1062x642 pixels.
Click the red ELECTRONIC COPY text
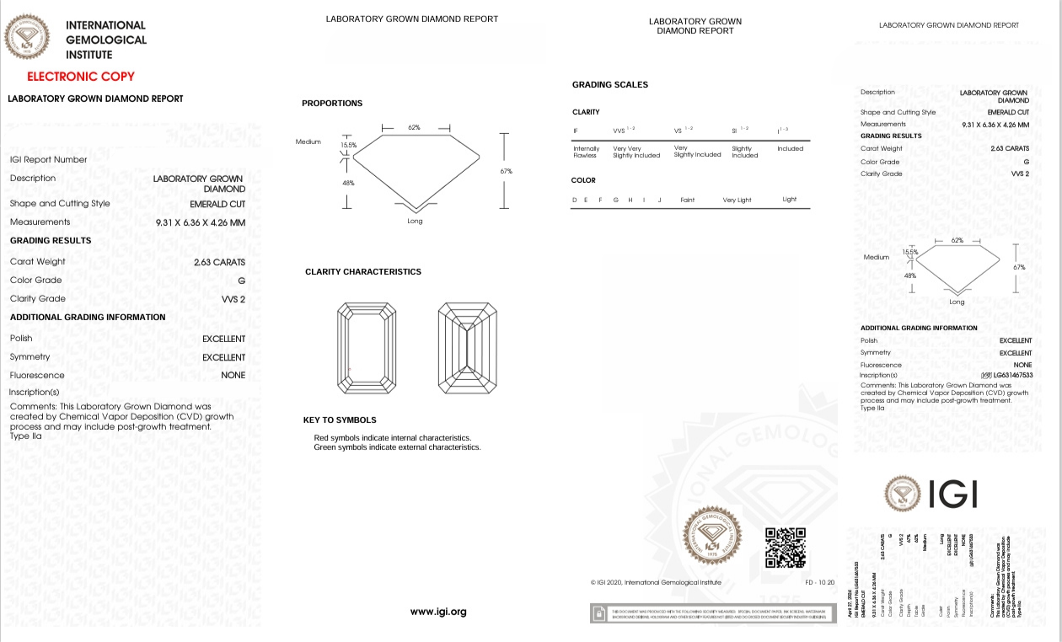click(81, 77)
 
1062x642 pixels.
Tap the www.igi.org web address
click(438, 612)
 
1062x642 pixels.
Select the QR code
click(785, 548)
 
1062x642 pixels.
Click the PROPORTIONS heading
click(332, 104)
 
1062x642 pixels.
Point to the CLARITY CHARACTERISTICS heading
click(363, 272)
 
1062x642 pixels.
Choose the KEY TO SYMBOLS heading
click(340, 420)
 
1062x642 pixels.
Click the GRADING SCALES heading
click(610, 85)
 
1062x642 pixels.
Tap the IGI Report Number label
click(49, 159)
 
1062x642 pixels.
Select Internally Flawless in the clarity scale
click(586, 152)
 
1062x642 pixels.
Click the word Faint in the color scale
click(688, 200)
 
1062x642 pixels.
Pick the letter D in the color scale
click(575, 200)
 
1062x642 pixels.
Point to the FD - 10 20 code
click(819, 582)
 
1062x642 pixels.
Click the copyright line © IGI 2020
click(656, 582)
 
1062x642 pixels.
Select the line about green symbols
click(397, 447)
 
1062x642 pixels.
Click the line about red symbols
click(392, 438)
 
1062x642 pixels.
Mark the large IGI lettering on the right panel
click(952, 495)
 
